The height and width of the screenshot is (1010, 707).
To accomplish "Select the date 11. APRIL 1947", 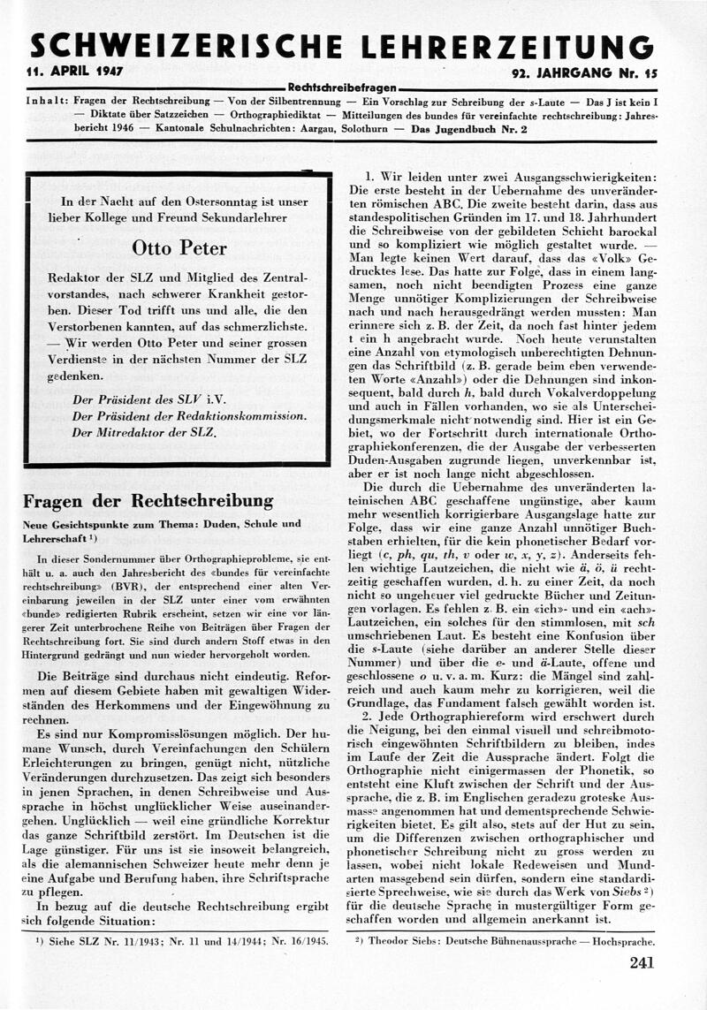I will click(75, 72).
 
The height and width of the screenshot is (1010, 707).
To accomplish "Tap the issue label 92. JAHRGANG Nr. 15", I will click(582, 72).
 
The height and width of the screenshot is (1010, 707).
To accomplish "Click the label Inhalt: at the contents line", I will click(45, 102).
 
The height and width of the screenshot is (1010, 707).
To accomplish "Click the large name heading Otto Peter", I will click(179, 247).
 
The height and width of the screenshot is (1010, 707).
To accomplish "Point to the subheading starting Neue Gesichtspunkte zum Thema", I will click(162, 524).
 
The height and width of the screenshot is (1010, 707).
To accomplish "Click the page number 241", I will click(642, 963).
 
